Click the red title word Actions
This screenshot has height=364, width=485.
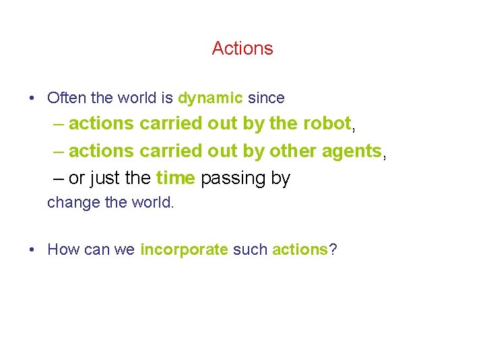click(x=243, y=49)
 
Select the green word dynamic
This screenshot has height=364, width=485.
click(x=210, y=98)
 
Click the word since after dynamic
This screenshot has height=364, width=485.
click(x=266, y=98)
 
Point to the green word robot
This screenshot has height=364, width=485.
click(x=327, y=123)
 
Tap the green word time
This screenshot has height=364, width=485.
click(x=175, y=178)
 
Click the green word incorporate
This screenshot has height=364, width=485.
click(x=184, y=249)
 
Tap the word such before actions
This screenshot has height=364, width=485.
click(x=250, y=249)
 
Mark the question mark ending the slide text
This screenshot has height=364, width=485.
click(x=333, y=249)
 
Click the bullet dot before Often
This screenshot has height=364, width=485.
click(x=32, y=98)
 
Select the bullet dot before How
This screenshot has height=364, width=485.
click(x=32, y=250)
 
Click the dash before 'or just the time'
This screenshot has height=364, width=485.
click(x=58, y=179)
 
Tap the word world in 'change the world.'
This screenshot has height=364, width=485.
click(x=155, y=202)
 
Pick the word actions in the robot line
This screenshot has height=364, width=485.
click(x=102, y=123)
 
